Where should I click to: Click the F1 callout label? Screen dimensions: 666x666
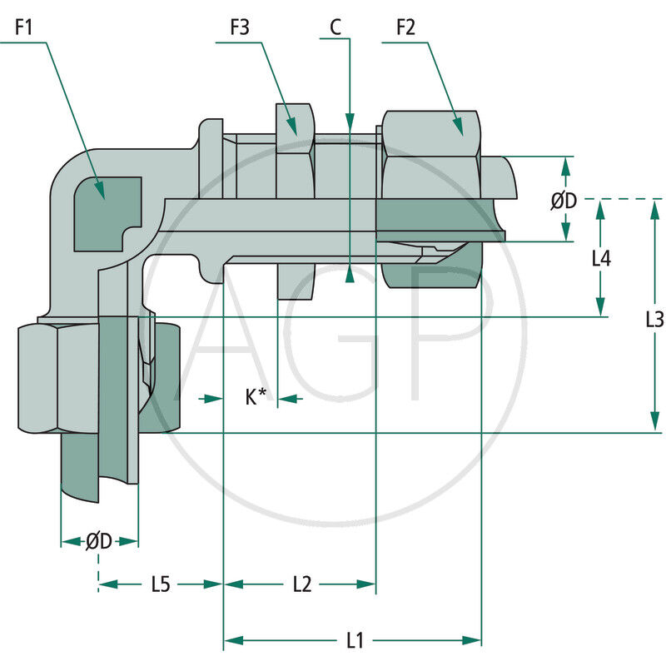point(23,27)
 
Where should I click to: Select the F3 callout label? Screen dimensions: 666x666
point(240,27)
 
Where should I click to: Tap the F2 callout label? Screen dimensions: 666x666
point(405,27)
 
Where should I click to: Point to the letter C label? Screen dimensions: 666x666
point(335,27)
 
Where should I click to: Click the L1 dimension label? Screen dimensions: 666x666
point(355,640)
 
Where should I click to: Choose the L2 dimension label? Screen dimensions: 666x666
point(301,584)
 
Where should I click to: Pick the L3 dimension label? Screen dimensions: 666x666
point(655,318)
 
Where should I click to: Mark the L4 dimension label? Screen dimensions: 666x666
point(601,258)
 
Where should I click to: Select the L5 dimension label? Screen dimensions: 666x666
point(161,584)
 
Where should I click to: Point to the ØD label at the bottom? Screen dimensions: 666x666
point(99,541)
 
